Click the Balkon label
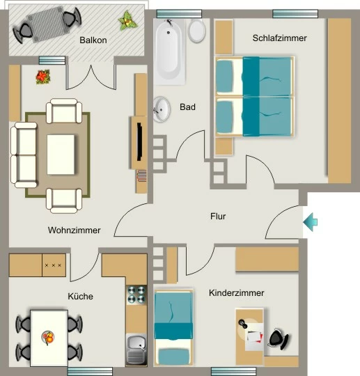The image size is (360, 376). click(93, 40)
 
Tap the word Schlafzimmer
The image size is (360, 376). click(280, 38)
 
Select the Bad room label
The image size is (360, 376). click(187, 107)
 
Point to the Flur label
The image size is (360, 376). click(218, 216)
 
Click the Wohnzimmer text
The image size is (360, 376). click(74, 230)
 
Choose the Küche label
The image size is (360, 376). click(80, 296)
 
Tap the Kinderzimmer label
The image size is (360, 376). click(237, 292)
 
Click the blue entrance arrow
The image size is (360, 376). click(311, 222)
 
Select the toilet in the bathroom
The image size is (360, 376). click(196, 31)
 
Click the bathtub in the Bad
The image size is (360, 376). click(169, 52)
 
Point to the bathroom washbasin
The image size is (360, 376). click(162, 109)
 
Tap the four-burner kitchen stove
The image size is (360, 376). click(136, 295)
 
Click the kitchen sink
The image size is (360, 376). click(136, 350)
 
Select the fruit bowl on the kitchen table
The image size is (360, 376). click(48, 338)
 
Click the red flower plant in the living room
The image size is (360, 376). click(43, 77)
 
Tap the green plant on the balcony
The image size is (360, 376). click(128, 21)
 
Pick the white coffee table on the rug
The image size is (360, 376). click(61, 155)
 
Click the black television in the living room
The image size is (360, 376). click(139, 141)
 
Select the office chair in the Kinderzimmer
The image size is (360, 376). click(279, 339)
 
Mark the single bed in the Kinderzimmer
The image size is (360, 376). click(173, 328)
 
